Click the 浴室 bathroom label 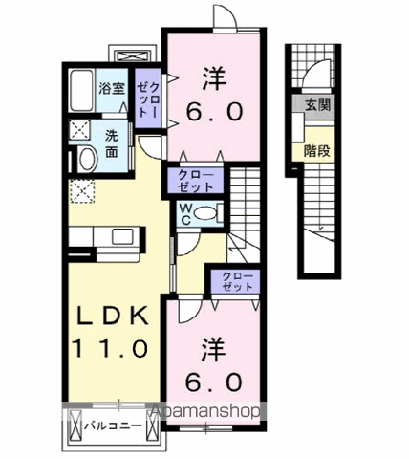click(x=111, y=89)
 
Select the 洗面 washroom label click(x=111, y=143)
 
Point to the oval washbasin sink click(x=83, y=159)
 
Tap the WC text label click(x=184, y=213)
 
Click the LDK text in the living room click(x=107, y=317)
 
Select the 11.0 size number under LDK click(x=107, y=349)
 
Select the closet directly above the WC click(x=194, y=181)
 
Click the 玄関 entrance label click(x=317, y=106)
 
